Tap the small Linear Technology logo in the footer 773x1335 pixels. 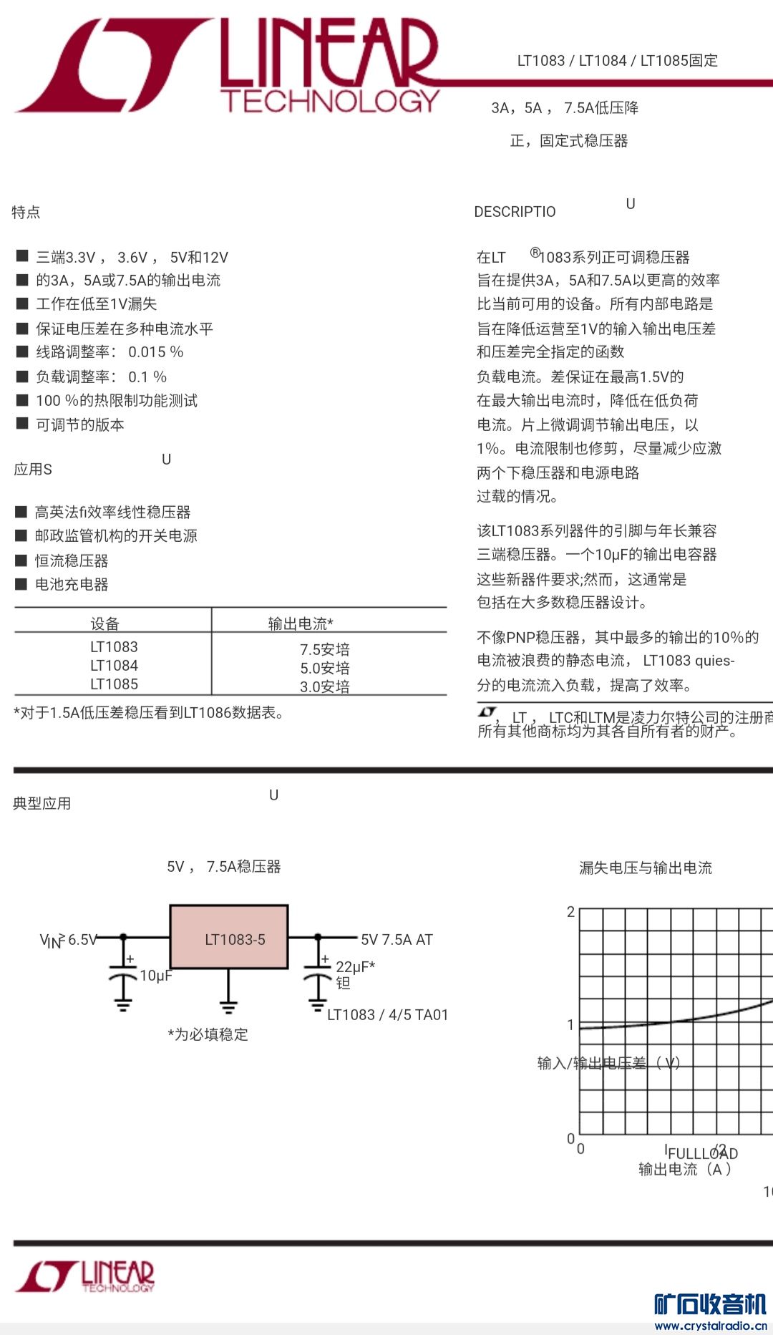coord(86,1276)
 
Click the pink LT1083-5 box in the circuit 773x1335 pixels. coord(229,937)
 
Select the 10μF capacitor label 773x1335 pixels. coord(155,976)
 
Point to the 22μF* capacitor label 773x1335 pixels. coord(355,967)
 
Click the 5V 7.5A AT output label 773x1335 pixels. coord(397,940)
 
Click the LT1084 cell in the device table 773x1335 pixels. coord(114,666)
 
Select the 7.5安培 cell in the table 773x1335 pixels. coord(325,649)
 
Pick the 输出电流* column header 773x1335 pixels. coord(301,623)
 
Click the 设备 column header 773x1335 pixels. coord(104,623)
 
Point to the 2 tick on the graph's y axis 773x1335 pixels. coord(570,912)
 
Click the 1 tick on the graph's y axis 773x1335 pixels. coord(570,1024)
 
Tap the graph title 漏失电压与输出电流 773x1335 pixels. coord(646,868)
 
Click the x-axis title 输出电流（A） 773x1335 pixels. coord(685,1169)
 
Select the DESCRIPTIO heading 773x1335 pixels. coord(515,212)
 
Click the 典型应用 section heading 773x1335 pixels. coord(42,803)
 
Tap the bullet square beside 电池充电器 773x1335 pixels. coord(21,584)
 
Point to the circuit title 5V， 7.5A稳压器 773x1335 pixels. coord(223,867)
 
